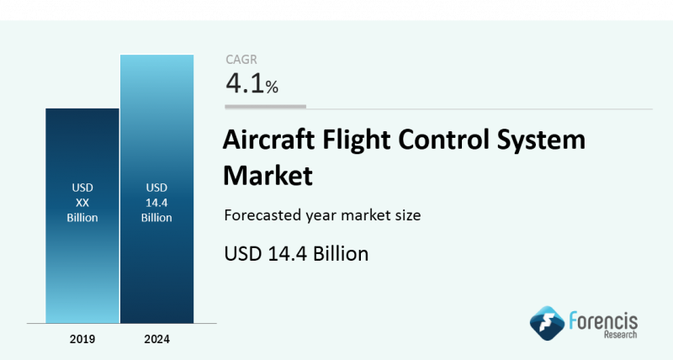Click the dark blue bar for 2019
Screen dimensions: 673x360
tap(82, 215)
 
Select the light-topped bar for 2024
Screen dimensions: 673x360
tap(157, 188)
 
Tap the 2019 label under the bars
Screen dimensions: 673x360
tap(82, 339)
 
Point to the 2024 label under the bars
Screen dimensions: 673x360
tap(157, 339)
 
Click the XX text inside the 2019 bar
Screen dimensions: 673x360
tap(82, 203)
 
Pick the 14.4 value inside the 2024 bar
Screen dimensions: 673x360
tap(156, 203)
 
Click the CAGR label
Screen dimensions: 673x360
tap(241, 60)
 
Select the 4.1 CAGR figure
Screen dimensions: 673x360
tap(245, 82)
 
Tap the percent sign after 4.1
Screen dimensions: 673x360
tap(272, 87)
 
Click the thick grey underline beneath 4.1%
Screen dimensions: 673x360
tap(265, 107)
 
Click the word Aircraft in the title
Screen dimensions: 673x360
tap(268, 140)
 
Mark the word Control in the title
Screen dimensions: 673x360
tap(444, 140)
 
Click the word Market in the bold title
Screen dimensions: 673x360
tap(268, 175)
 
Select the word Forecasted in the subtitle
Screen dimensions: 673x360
tap(262, 215)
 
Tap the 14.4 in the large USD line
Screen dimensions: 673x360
tap(287, 253)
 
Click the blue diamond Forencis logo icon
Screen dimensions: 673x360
tap(547, 323)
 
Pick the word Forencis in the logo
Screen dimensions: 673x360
tap(603, 321)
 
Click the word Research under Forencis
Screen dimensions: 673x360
tap(620, 335)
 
